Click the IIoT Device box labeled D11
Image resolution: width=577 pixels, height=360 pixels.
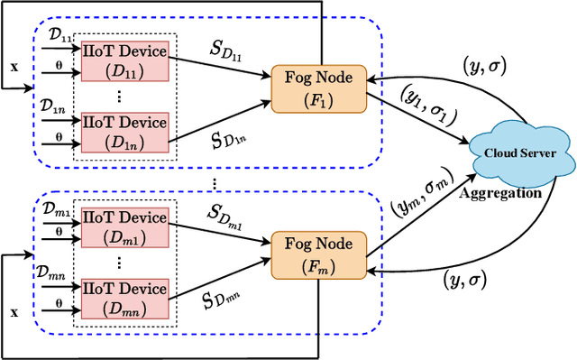(x=124, y=60)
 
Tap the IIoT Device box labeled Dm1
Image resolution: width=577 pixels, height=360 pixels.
(x=124, y=226)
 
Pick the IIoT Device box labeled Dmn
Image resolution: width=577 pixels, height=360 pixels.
(x=124, y=299)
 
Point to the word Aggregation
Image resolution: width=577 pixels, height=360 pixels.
(x=501, y=192)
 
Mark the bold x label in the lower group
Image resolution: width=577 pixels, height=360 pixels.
(x=13, y=311)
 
